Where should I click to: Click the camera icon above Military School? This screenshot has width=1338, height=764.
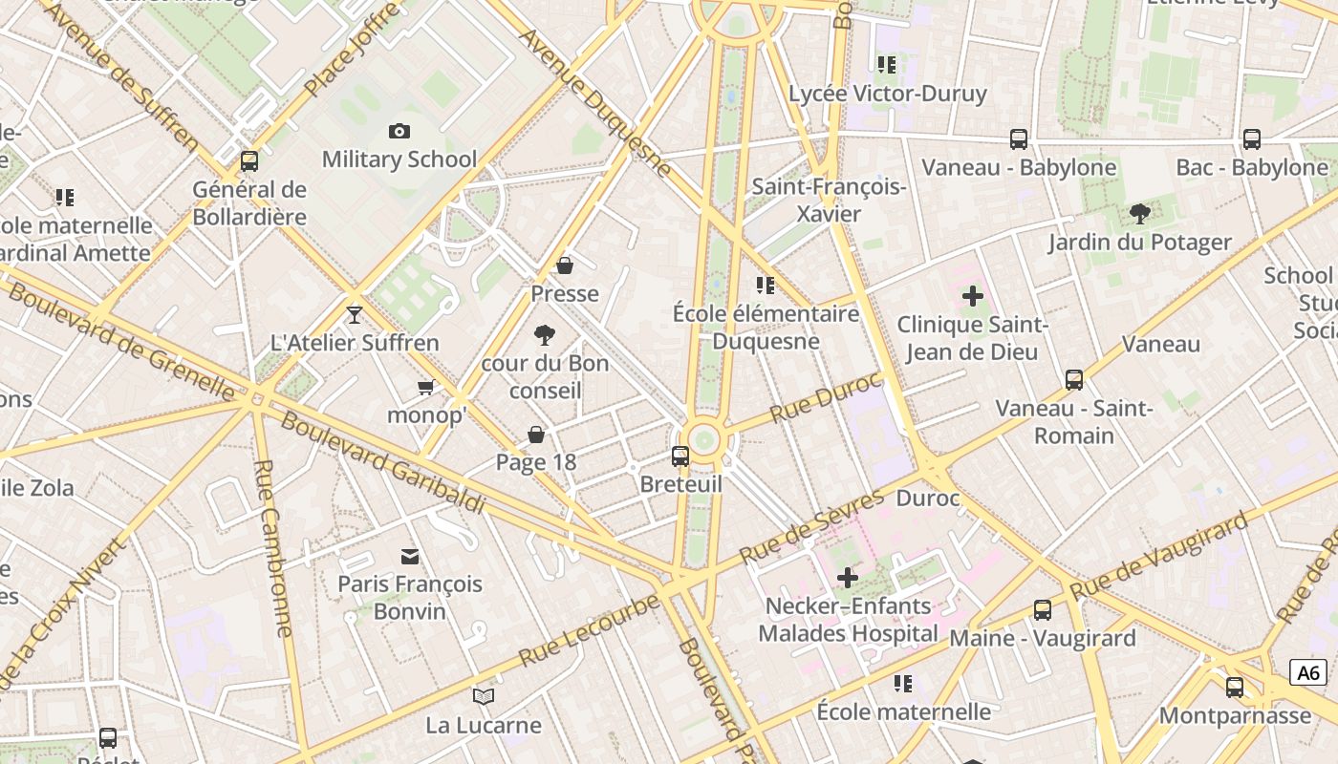pyautogui.click(x=399, y=131)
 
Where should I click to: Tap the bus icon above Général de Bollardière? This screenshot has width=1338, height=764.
pyautogui.click(x=249, y=160)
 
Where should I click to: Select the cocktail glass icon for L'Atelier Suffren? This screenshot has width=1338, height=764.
pyautogui.click(x=355, y=314)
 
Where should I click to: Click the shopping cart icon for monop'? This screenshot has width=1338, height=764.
pyautogui.click(x=426, y=387)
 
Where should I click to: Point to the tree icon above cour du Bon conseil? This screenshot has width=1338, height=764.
pyautogui.click(x=545, y=335)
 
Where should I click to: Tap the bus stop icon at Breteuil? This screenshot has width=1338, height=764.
pyautogui.click(x=680, y=456)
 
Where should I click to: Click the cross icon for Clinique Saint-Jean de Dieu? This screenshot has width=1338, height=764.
pyautogui.click(x=972, y=296)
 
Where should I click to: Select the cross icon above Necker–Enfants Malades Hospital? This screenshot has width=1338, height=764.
pyautogui.click(x=847, y=578)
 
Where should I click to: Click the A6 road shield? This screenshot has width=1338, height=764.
pyautogui.click(x=1307, y=672)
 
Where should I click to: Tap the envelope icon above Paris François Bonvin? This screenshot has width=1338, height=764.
pyautogui.click(x=410, y=556)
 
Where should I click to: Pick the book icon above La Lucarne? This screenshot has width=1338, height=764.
pyautogui.click(x=484, y=697)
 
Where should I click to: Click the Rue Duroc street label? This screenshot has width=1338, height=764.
pyautogui.click(x=826, y=397)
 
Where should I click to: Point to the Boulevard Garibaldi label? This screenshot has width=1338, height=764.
pyautogui.click(x=382, y=462)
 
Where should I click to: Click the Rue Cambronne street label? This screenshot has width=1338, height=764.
pyautogui.click(x=273, y=547)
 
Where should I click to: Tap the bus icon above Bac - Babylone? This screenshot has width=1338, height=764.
pyautogui.click(x=1252, y=139)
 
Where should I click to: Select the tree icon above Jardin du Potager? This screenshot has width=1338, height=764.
pyautogui.click(x=1139, y=213)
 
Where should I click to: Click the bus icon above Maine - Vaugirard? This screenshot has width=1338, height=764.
pyautogui.click(x=1043, y=609)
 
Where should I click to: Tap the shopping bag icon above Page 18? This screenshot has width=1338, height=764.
pyautogui.click(x=536, y=435)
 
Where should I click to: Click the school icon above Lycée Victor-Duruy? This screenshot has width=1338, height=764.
pyautogui.click(x=886, y=65)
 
